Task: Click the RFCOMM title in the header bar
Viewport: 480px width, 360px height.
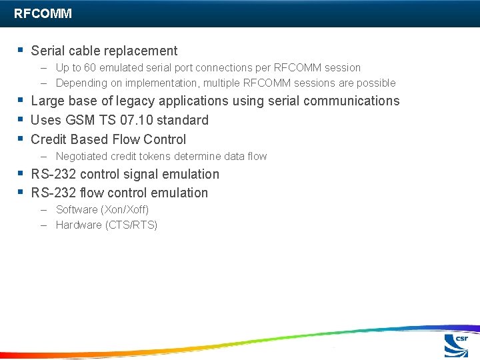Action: tap(43, 13)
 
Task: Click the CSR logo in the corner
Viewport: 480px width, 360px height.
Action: tap(457, 346)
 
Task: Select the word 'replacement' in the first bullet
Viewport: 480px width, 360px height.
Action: tap(144, 51)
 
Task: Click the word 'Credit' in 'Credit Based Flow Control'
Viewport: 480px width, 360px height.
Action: tap(49, 139)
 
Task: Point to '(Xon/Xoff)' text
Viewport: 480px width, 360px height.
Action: tap(124, 209)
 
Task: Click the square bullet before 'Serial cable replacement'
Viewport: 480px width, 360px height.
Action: tap(21, 50)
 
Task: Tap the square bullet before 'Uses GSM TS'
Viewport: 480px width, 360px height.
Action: tap(21, 119)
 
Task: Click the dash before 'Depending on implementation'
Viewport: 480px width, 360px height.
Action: tap(43, 83)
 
